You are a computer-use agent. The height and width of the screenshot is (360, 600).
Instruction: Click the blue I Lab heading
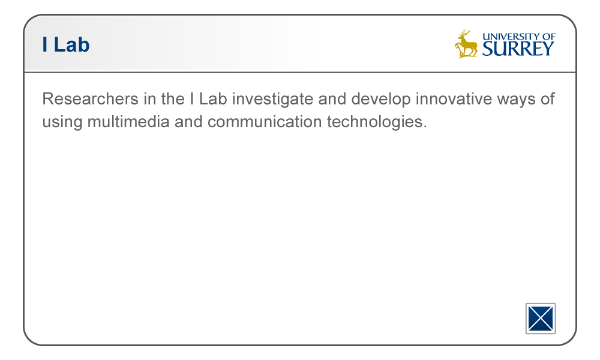(x=66, y=45)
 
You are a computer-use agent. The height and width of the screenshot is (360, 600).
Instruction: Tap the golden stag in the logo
(x=466, y=44)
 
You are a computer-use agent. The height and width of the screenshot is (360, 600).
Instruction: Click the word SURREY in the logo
(x=518, y=49)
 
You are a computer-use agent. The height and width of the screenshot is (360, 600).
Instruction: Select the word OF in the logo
(x=549, y=37)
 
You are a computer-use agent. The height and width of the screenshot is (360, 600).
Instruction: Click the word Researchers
(x=91, y=99)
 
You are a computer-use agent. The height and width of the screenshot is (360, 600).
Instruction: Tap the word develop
(x=381, y=100)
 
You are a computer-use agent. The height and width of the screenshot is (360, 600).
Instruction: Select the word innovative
(x=454, y=99)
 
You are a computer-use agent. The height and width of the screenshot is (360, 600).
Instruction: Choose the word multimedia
(x=128, y=122)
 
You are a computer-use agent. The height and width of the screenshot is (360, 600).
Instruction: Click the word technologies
(x=377, y=122)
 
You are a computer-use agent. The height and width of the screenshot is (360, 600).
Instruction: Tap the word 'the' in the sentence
(x=173, y=99)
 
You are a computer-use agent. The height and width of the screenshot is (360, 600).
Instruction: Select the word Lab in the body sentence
(x=213, y=99)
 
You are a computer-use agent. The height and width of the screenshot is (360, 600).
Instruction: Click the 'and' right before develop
(x=332, y=99)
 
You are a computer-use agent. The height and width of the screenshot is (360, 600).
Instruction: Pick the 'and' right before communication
(x=188, y=122)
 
